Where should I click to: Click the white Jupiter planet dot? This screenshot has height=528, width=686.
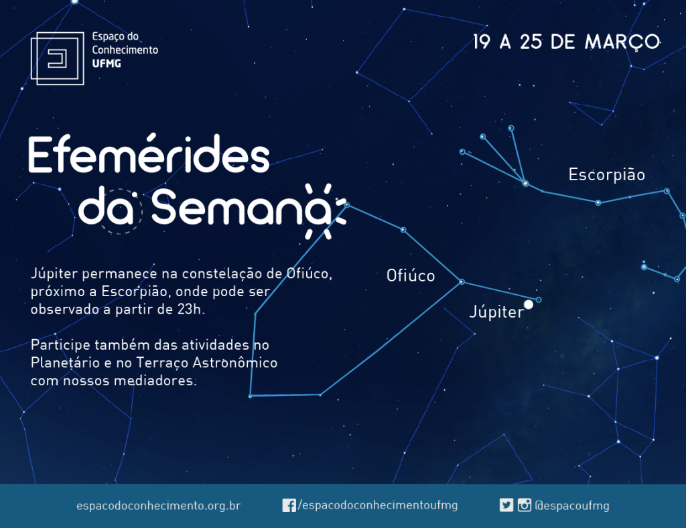click(x=529, y=304)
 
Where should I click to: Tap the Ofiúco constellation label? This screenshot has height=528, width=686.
click(x=411, y=275)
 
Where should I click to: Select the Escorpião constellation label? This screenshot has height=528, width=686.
click(x=606, y=175)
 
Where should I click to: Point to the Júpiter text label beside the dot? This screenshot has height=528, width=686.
click(x=496, y=312)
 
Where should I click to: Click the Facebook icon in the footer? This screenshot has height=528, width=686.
click(x=289, y=505)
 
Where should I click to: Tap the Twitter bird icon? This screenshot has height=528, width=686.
click(x=506, y=505)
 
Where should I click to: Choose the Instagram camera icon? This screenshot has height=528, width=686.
click(x=524, y=505)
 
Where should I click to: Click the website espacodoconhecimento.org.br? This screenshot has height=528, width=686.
click(x=158, y=506)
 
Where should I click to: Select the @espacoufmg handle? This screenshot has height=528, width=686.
click(x=572, y=506)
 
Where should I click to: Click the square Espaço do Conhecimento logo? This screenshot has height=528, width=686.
click(x=58, y=58)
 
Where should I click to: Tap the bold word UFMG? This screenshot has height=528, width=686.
click(x=107, y=64)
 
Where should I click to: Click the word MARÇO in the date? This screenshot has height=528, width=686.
click(x=622, y=42)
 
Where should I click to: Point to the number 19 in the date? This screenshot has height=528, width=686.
click(x=481, y=42)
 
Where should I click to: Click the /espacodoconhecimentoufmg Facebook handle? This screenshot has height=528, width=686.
click(x=378, y=505)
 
